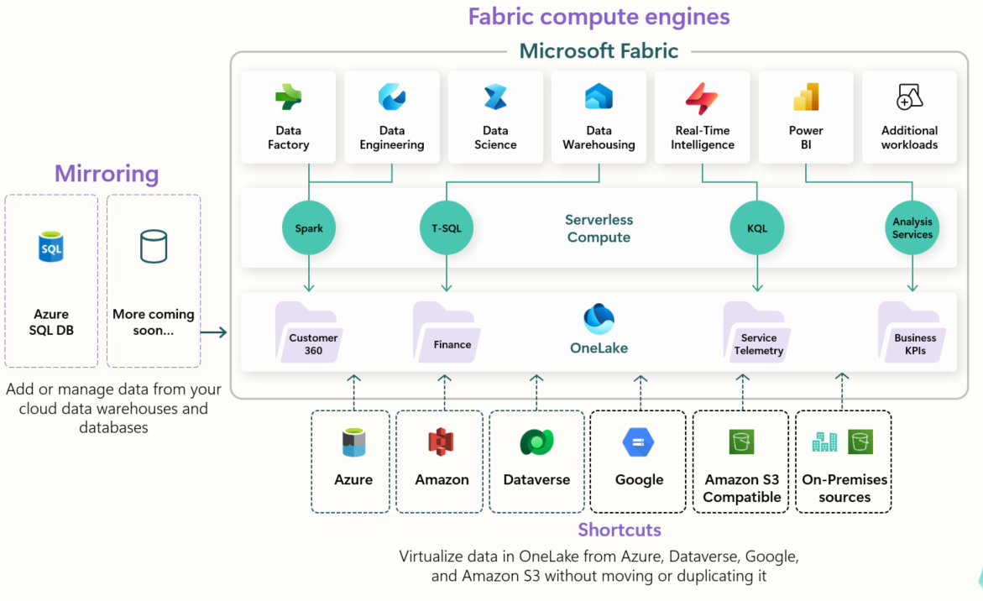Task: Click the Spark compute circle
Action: tap(309, 228)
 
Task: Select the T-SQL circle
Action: tap(447, 228)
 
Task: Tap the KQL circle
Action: tap(756, 228)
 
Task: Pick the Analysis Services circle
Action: tap(912, 228)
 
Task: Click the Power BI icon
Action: tap(806, 98)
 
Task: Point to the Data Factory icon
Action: tap(288, 98)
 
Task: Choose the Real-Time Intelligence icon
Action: tap(702, 98)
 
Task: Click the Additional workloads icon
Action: tap(909, 97)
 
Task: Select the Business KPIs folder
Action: tap(912, 333)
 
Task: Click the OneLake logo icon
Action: tap(599, 319)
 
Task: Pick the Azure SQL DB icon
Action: tap(51, 248)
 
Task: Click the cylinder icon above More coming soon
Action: tap(153, 247)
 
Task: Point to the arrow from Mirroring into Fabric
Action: tap(214, 332)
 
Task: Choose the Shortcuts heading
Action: tap(620, 530)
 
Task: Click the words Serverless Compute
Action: tap(599, 228)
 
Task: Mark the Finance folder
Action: tap(445, 333)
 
